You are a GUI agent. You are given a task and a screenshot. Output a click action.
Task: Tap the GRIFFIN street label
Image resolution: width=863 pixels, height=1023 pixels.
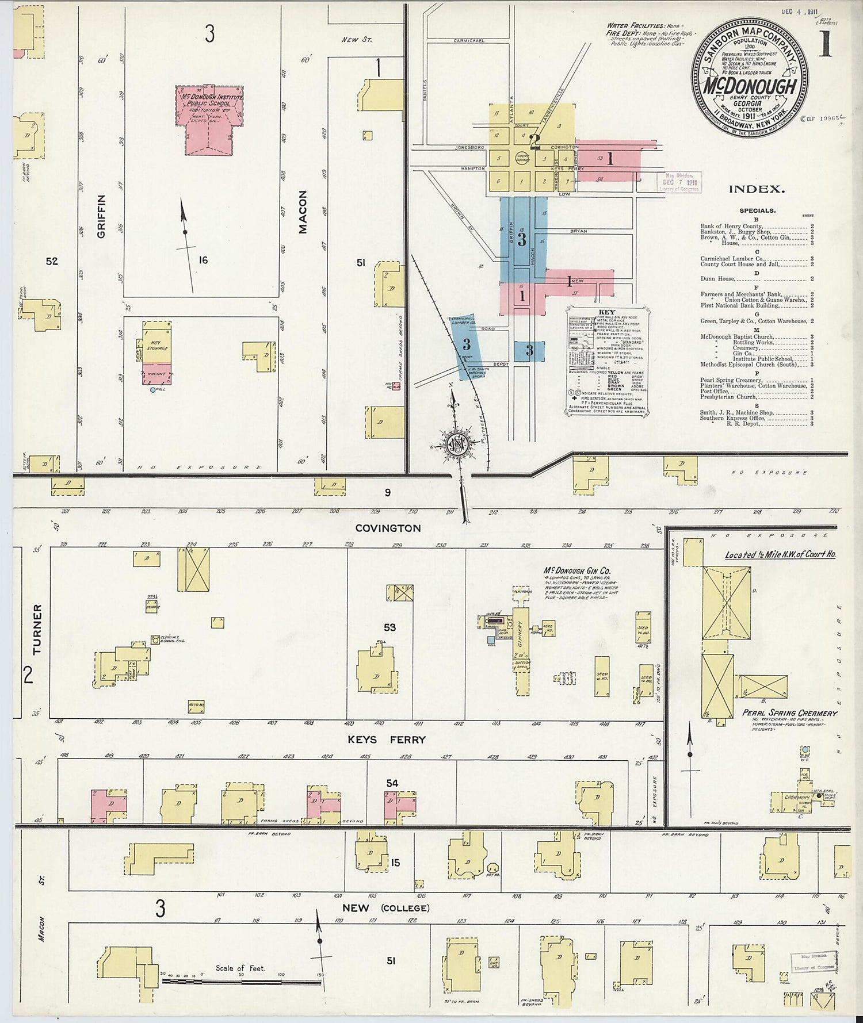coord(102,216)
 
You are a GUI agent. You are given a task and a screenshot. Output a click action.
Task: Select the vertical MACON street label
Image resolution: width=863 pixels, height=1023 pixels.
coord(303,212)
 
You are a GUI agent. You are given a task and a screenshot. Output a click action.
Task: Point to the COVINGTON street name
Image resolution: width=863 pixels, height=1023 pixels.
coord(388,528)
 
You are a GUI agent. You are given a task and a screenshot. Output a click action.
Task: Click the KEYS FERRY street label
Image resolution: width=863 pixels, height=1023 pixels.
coord(387,740)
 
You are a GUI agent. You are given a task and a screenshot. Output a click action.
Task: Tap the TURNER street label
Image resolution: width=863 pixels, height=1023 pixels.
coord(38,629)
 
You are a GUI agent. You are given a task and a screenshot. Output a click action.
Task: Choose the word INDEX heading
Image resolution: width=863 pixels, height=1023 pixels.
coord(757,189)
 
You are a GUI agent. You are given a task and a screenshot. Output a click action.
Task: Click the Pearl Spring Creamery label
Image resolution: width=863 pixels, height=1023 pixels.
coord(789,713)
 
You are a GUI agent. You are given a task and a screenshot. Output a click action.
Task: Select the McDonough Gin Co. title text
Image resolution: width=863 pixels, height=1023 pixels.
coord(577,571)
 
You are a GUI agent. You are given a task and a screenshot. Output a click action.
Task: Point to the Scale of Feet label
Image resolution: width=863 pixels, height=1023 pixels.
coord(240,968)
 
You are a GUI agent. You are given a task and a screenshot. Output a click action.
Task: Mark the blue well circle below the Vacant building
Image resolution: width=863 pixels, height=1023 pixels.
coord(153,390)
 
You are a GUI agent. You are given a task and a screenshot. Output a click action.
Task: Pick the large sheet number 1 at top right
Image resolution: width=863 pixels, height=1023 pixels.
coord(825,46)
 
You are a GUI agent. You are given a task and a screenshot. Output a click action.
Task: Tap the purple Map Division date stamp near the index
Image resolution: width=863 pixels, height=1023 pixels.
coord(680,182)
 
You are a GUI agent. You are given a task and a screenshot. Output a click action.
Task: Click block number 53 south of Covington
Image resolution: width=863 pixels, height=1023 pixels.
coord(390,627)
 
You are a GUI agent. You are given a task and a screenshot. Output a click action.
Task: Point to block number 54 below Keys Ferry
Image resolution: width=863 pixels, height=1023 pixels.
coord(392,783)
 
